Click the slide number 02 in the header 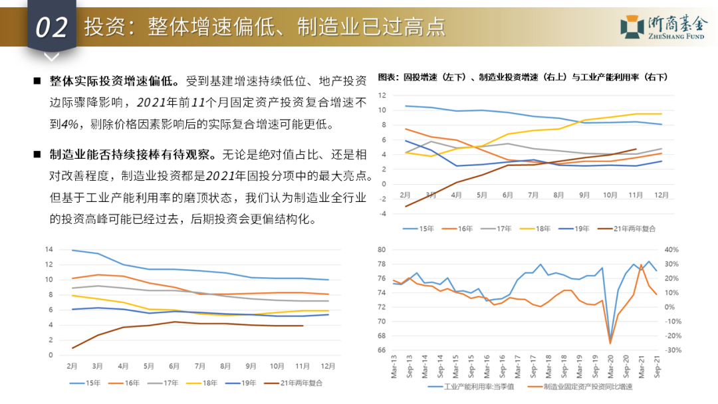point(51,27)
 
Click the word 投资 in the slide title point(98,27)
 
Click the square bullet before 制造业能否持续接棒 point(37,155)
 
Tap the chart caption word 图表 point(387,77)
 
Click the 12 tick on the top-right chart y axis point(382,94)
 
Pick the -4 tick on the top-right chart point(382,214)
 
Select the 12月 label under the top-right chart point(661,195)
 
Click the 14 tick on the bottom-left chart point(49,249)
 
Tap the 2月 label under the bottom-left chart point(72,367)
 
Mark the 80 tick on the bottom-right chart point(382,250)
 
